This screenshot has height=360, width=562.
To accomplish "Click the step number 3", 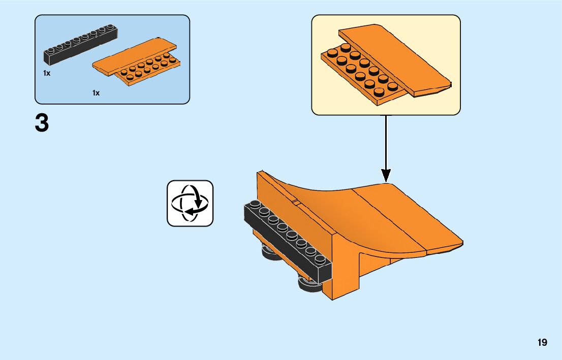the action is coord(42,123).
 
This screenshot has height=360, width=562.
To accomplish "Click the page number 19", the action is coord(542,342).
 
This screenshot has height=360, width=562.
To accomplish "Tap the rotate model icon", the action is coord(190,203).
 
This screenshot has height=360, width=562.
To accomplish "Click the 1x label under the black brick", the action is coord(47,73).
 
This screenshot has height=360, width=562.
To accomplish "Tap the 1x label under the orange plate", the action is coord(96,93).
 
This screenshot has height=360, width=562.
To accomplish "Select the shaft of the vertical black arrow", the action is coord(386,142).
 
